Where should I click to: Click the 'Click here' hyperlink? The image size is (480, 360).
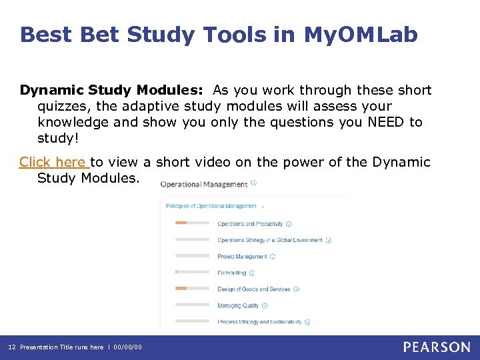[x=53, y=162]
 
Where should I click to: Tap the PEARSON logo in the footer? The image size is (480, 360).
[x=437, y=347]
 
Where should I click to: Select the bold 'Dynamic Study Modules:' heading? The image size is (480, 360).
[x=113, y=90]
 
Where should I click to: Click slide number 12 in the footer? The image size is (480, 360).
[x=11, y=347]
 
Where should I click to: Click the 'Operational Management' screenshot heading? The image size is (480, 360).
[x=203, y=183]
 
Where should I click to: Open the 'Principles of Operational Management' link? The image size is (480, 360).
[x=211, y=206]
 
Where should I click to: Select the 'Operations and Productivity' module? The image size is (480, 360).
[x=250, y=224]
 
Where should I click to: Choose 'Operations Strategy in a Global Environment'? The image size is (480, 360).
[x=269, y=240]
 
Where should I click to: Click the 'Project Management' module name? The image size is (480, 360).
[x=242, y=257]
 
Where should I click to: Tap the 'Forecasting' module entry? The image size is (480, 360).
[x=231, y=273]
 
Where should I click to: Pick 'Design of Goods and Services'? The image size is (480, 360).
[x=253, y=289]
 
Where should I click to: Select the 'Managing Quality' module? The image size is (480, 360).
[x=238, y=305]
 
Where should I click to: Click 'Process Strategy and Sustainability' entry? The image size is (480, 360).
[x=259, y=322]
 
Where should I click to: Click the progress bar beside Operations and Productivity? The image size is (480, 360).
[x=192, y=223]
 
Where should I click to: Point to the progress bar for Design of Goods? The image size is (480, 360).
[x=192, y=289]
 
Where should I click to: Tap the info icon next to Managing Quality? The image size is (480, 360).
[x=265, y=305]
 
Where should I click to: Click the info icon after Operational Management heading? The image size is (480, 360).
[x=253, y=183]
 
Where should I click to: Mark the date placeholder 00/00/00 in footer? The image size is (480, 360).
[x=128, y=347]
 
